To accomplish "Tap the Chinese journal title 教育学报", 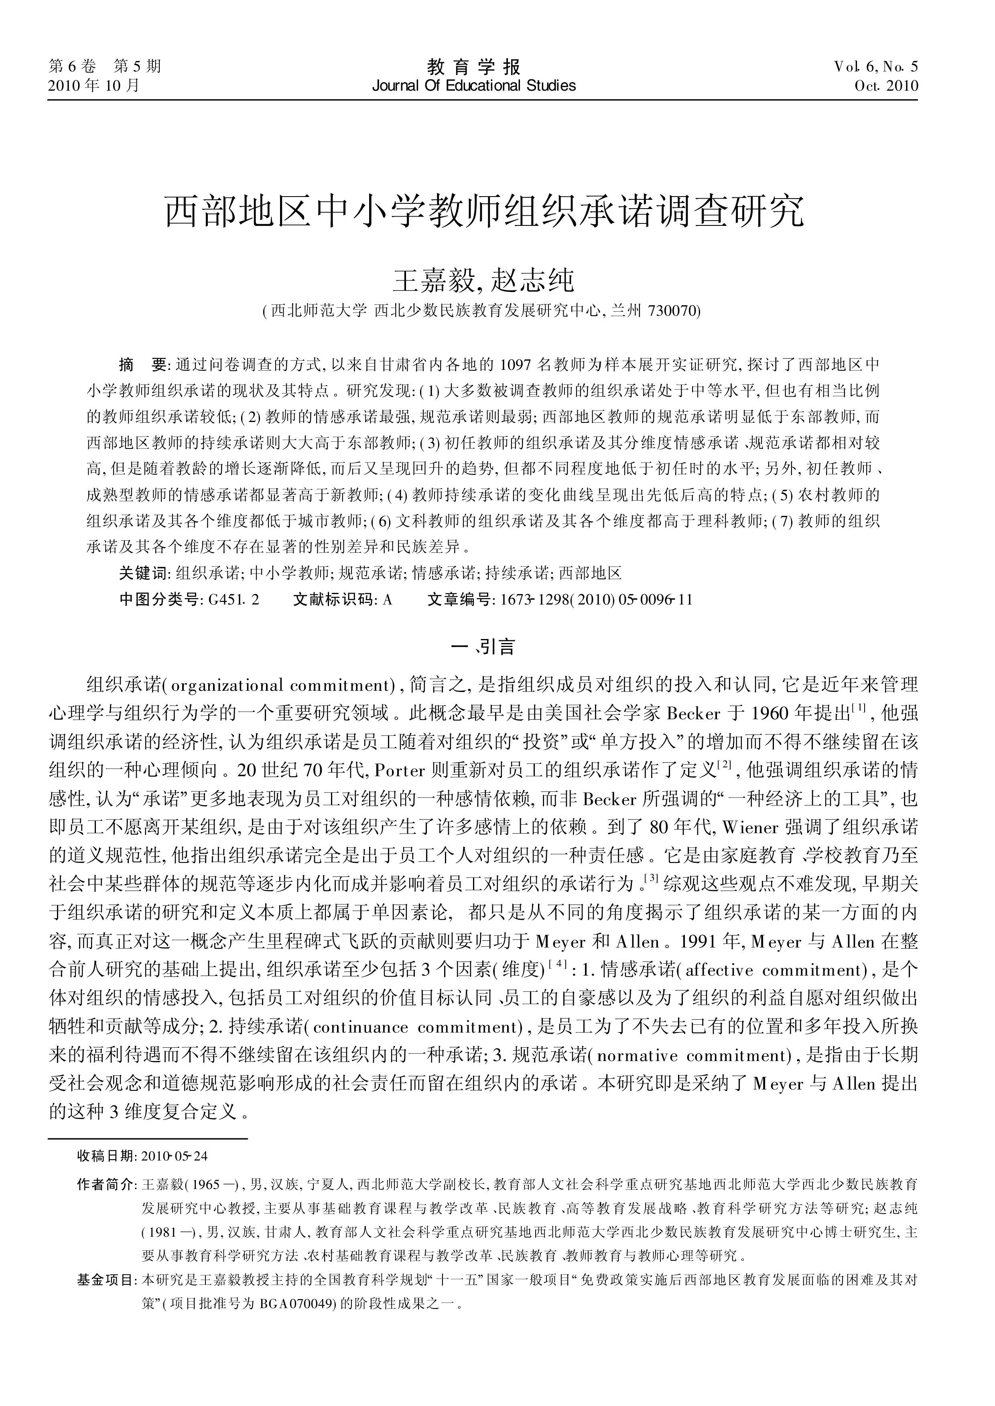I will click(473, 66).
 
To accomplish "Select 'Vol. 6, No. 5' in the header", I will click(875, 67).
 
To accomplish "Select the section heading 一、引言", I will click(483, 647).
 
